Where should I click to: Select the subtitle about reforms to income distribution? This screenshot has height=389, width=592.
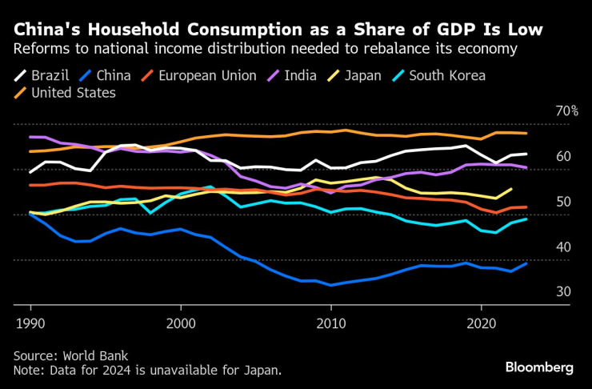(x=264, y=49)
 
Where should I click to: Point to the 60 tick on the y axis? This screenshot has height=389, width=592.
(x=564, y=156)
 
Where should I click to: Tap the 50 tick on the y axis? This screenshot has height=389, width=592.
(x=564, y=202)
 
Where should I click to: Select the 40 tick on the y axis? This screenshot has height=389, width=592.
(x=564, y=247)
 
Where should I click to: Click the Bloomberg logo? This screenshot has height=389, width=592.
(x=538, y=367)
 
